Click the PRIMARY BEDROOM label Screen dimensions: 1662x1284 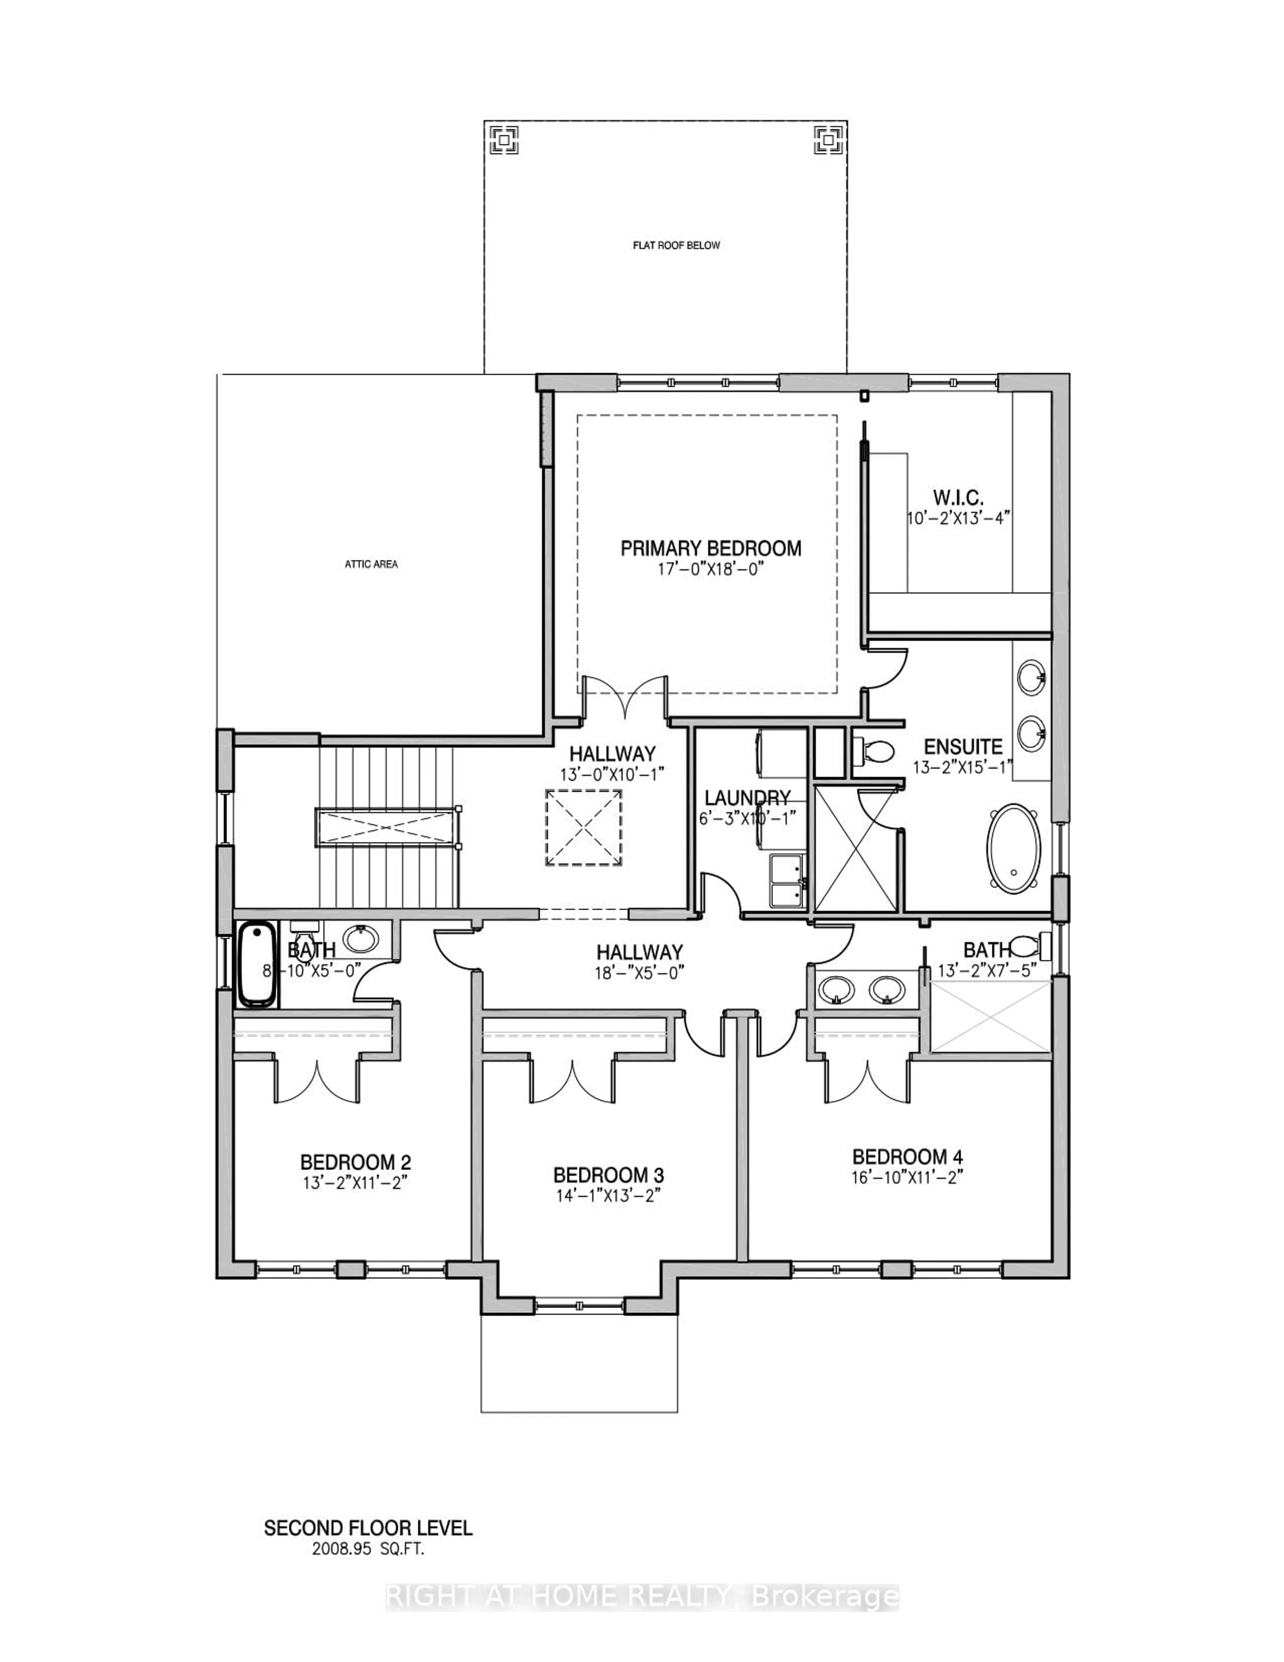(x=711, y=548)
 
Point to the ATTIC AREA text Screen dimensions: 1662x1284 (x=371, y=564)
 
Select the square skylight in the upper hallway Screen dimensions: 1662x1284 (x=583, y=827)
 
